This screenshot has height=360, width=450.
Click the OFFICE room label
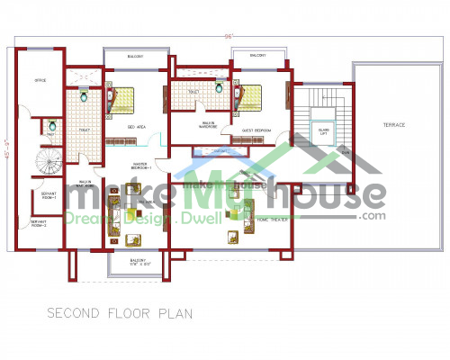40,81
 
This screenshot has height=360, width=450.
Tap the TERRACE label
393,125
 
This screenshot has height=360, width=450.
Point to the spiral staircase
45,166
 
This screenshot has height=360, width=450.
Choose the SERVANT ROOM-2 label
40,224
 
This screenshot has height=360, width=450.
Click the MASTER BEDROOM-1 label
142,166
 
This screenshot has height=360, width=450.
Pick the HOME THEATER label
272,219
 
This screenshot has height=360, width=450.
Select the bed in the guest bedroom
251,96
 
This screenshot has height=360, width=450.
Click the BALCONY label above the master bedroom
135,56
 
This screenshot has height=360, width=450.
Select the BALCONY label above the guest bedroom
257,56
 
